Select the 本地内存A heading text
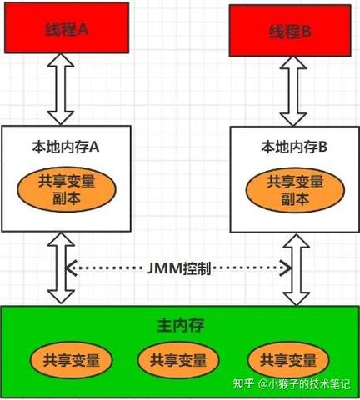tap(66, 147)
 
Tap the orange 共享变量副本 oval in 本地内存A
tap(66, 189)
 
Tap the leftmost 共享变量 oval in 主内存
tap(71, 360)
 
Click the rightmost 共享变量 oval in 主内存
tap(288, 360)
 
